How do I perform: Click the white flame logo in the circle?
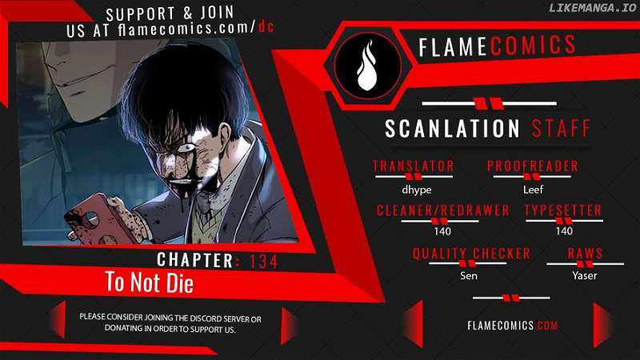click(x=366, y=66)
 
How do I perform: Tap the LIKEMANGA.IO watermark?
click(x=592, y=8)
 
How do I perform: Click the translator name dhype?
click(x=416, y=190)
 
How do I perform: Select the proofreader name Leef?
click(x=533, y=190)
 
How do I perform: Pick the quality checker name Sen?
click(x=469, y=275)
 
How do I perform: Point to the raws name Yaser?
click(x=585, y=275)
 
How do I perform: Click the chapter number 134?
click(x=263, y=262)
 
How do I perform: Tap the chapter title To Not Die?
click(x=149, y=282)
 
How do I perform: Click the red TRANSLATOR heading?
click(x=413, y=166)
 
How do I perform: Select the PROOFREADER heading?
click(x=533, y=166)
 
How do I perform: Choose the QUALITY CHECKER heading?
click(x=471, y=254)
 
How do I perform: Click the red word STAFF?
click(x=562, y=128)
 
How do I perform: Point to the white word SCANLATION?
click(x=452, y=128)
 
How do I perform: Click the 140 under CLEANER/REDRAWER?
click(x=442, y=231)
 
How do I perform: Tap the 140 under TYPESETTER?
click(x=564, y=231)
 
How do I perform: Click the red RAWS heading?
click(x=585, y=254)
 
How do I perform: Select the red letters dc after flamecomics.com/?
click(x=266, y=27)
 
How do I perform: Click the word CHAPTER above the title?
click(x=195, y=260)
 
